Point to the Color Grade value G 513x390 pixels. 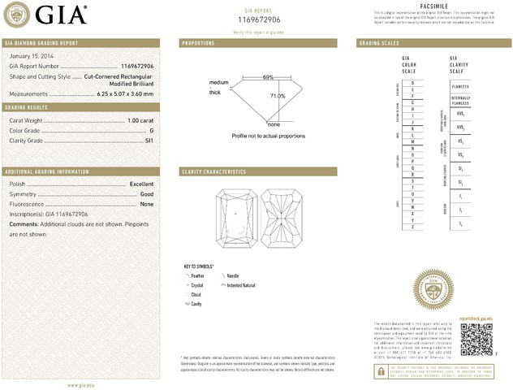(x=151, y=130)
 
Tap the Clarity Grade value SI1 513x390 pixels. (x=149, y=140)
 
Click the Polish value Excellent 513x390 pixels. (x=141, y=184)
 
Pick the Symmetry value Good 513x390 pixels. (x=147, y=194)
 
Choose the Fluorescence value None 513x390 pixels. (x=147, y=204)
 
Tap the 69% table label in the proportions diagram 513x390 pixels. (x=268, y=77)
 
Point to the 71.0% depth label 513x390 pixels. (x=278, y=96)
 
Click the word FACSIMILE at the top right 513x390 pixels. (x=433, y=6)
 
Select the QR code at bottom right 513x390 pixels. (x=477, y=339)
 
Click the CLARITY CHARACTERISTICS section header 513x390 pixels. (x=214, y=171)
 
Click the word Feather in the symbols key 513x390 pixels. (x=197, y=276)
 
